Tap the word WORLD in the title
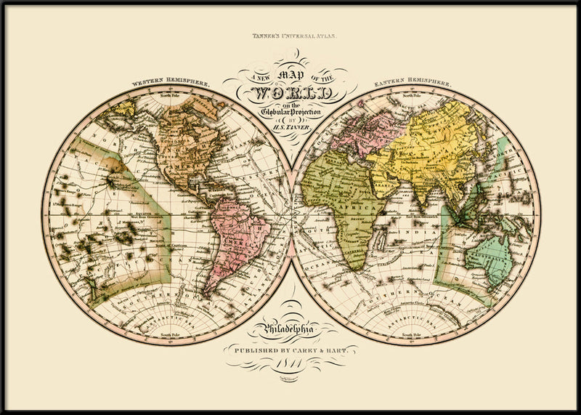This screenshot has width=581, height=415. [290, 93]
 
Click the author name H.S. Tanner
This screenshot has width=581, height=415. [290, 127]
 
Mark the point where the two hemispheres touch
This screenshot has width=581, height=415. [291, 215]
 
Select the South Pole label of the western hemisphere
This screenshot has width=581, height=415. [171, 334]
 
